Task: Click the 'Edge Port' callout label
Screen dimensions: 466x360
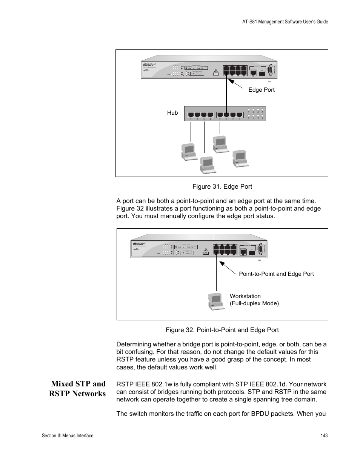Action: click(x=261, y=90)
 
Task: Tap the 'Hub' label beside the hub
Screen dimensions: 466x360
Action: click(x=172, y=113)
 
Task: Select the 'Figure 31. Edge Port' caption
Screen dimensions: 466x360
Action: click(x=222, y=186)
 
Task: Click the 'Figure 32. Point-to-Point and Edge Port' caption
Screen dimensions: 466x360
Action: click(x=222, y=330)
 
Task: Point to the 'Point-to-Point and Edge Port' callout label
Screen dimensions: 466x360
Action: click(x=276, y=274)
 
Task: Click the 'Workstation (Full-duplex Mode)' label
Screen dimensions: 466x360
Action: click(x=254, y=300)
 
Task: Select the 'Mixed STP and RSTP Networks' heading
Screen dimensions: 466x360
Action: click(x=78, y=389)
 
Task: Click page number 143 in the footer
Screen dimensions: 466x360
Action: click(x=324, y=435)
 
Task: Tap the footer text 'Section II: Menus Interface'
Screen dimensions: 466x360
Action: click(x=68, y=435)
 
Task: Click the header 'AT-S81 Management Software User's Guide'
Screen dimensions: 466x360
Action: click(x=285, y=22)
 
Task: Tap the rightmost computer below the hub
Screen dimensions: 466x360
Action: click(x=240, y=158)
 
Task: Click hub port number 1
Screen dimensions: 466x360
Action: click(x=191, y=114)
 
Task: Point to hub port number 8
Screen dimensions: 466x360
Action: click(x=239, y=114)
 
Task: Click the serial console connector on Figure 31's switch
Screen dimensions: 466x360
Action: click(x=268, y=70)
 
